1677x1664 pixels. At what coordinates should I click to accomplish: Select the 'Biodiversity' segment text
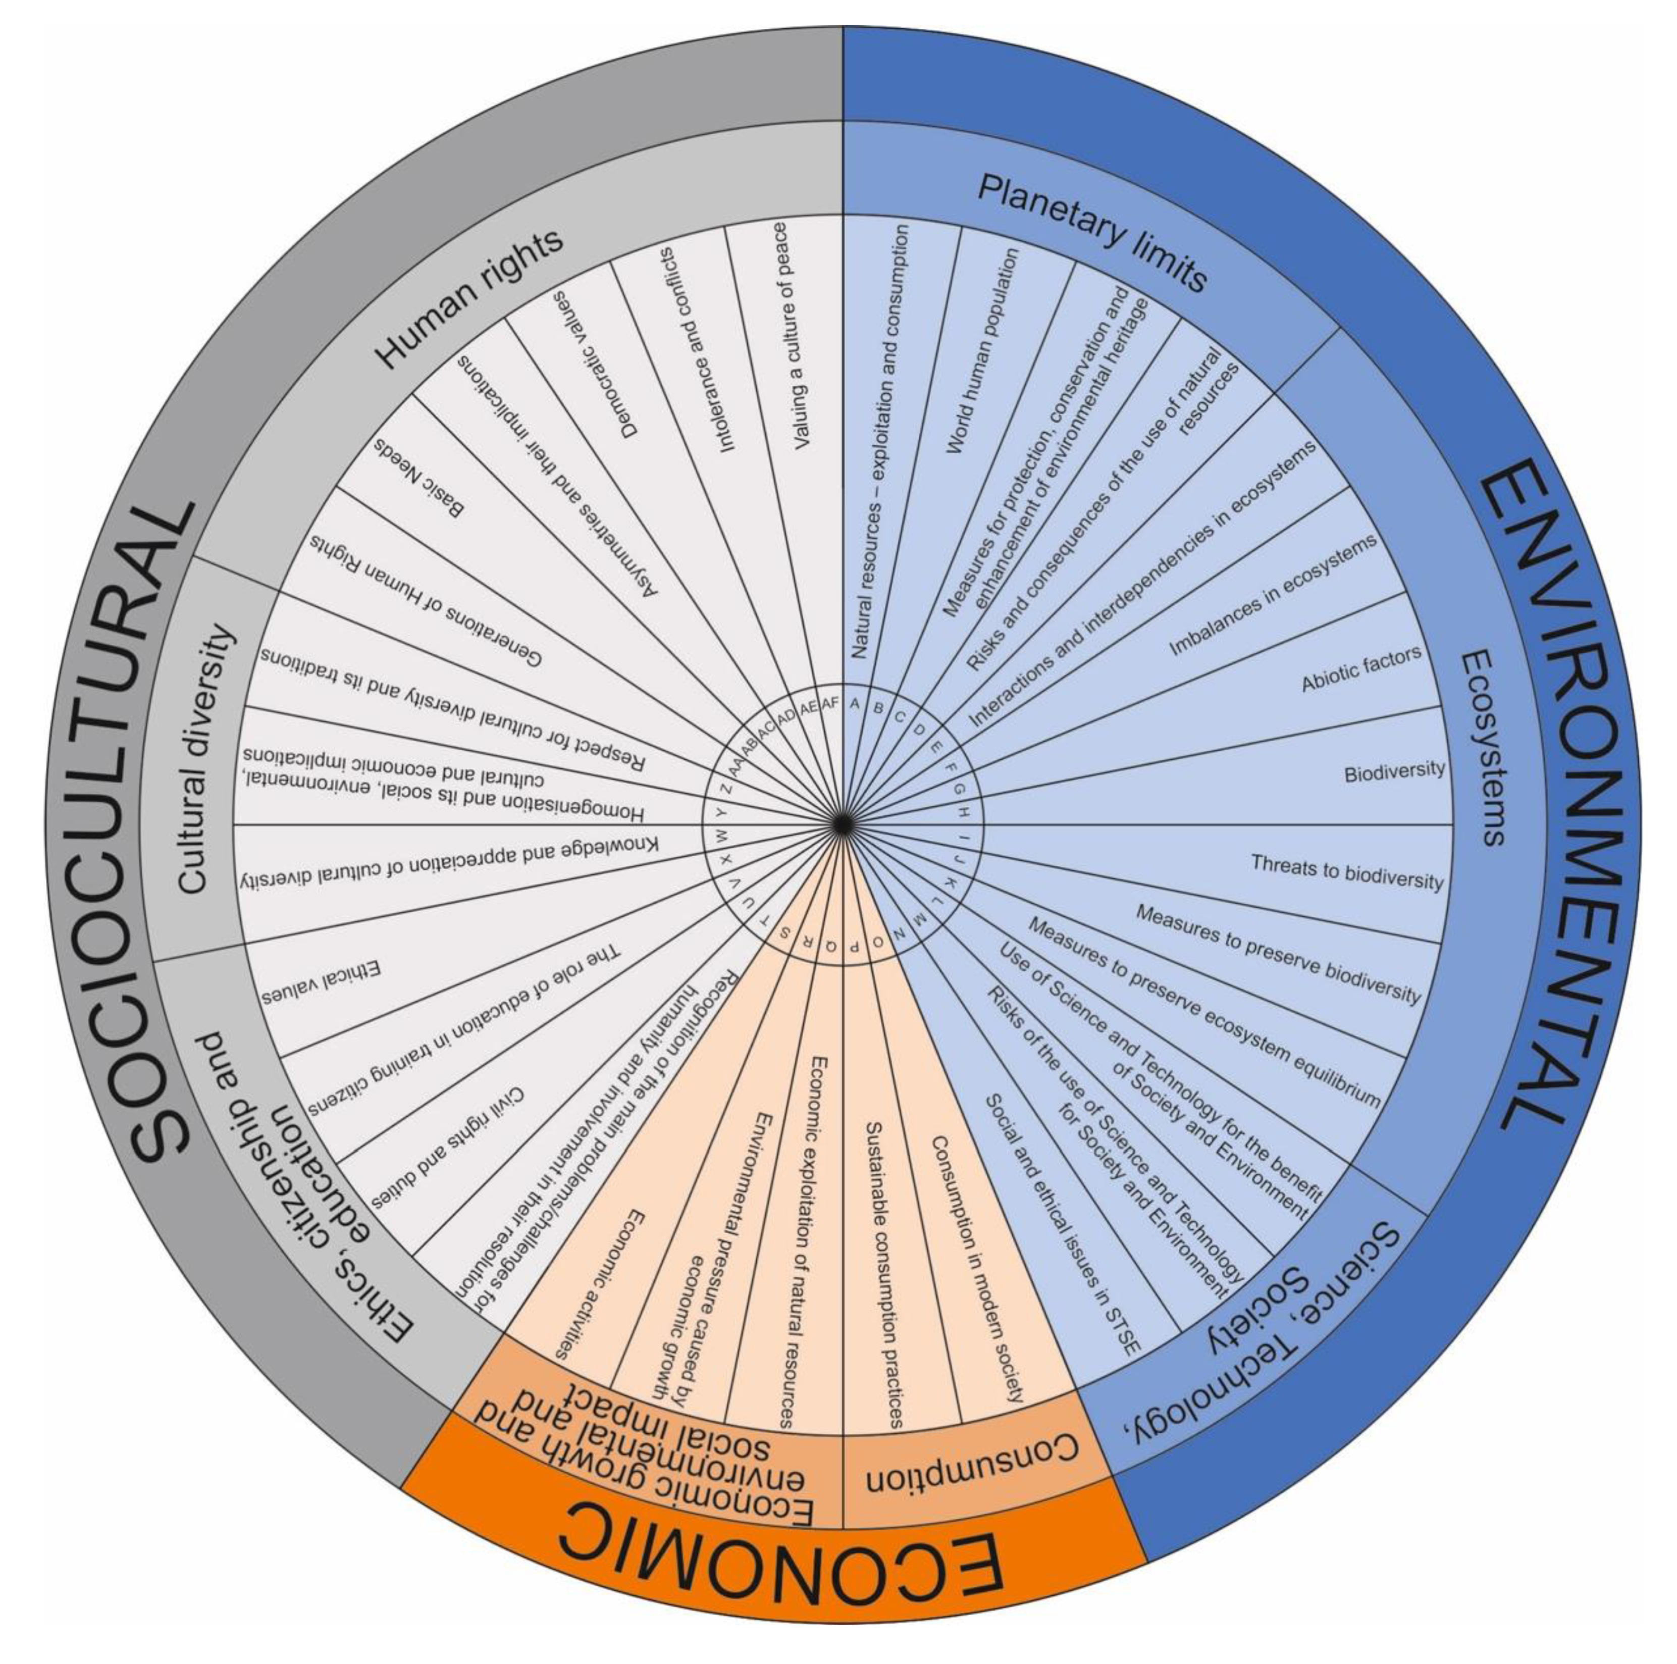coord(1394,771)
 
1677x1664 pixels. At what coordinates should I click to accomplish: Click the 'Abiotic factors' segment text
coord(1361,668)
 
